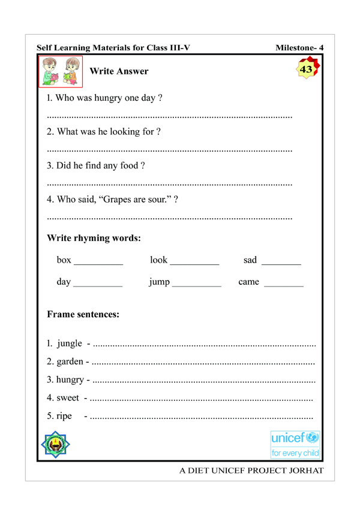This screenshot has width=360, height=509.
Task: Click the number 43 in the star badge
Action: tap(306, 70)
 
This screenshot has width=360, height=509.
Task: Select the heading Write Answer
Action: tap(118, 72)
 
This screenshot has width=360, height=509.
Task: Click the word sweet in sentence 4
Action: tap(71, 397)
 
